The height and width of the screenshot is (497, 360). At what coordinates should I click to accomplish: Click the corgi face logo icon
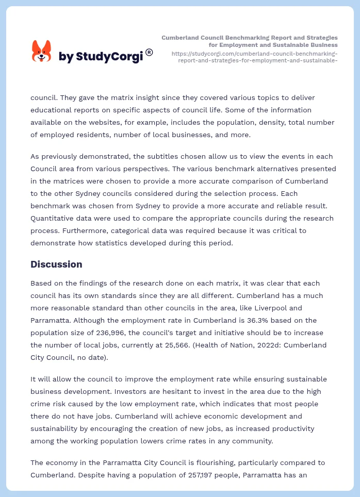point(42,52)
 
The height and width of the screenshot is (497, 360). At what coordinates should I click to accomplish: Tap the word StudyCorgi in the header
point(109,57)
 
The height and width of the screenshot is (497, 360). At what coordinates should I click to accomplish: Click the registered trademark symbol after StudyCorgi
point(149,52)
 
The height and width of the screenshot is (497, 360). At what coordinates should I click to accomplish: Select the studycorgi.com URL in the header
point(254,57)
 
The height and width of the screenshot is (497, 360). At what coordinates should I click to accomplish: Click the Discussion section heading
point(56,264)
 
